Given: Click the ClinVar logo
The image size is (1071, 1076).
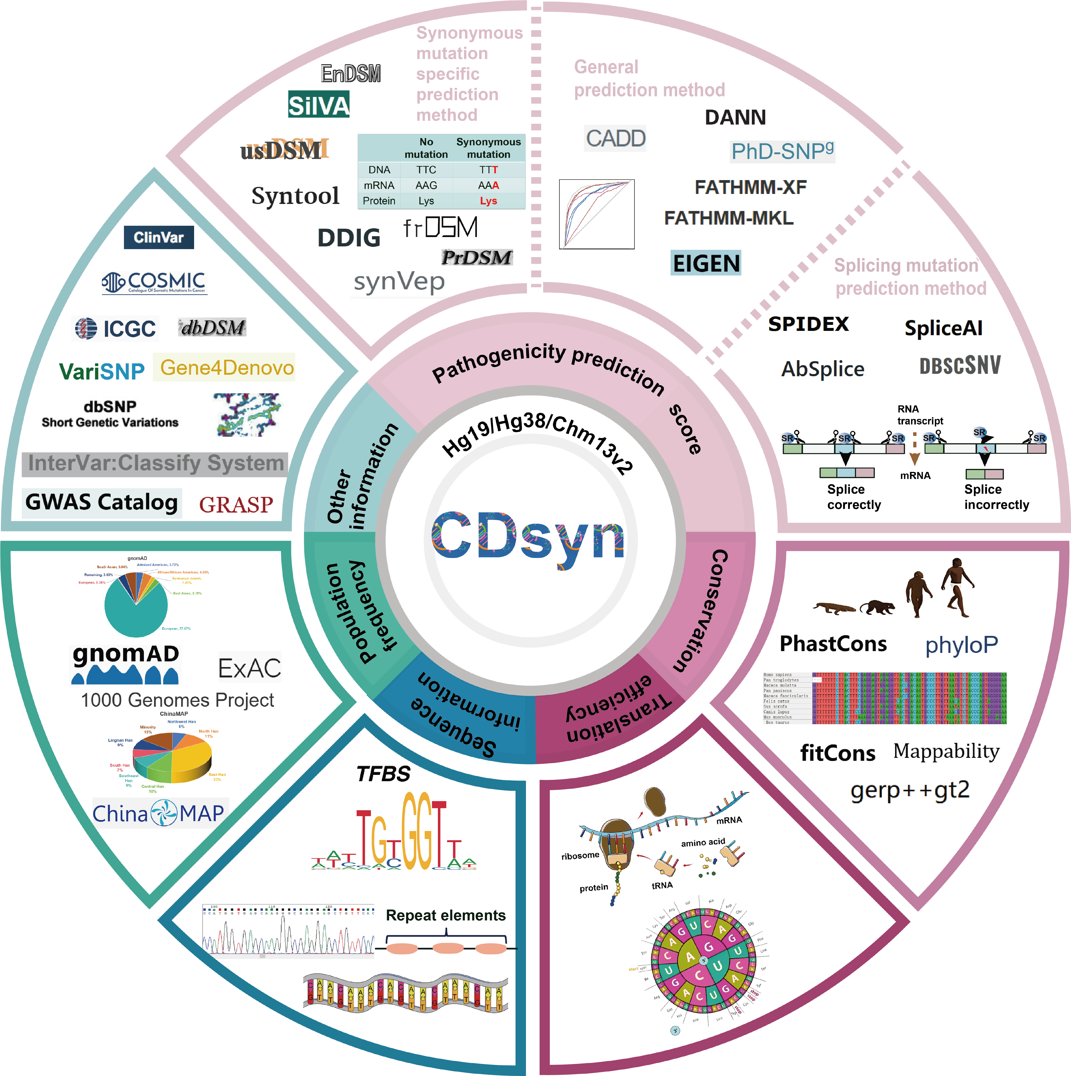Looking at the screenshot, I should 159,237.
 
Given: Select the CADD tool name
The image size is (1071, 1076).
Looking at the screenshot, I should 616,138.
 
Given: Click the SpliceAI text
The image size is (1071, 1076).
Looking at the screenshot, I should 943,328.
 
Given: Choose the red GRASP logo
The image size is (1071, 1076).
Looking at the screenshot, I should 236,505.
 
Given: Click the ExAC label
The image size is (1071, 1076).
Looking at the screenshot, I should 249,668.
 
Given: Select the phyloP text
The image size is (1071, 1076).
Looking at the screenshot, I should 961,645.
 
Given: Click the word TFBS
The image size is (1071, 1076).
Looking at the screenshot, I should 383,774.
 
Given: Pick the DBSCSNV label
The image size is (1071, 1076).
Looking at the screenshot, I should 960,366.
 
